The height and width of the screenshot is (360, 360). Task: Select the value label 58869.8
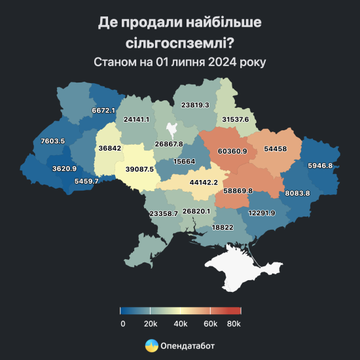(x=238, y=191)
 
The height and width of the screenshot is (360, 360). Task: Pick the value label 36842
(x=111, y=149)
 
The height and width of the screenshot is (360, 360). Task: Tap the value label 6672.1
(x=103, y=111)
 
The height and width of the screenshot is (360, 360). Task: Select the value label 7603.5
(x=52, y=141)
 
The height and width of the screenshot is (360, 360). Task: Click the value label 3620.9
(x=65, y=169)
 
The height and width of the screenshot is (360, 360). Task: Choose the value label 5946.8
(x=320, y=166)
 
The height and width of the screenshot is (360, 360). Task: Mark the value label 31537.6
(x=235, y=120)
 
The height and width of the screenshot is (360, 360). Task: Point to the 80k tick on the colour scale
(x=234, y=324)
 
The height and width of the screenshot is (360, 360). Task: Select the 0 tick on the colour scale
(x=122, y=324)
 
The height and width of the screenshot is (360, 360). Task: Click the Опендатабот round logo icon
(x=151, y=345)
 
